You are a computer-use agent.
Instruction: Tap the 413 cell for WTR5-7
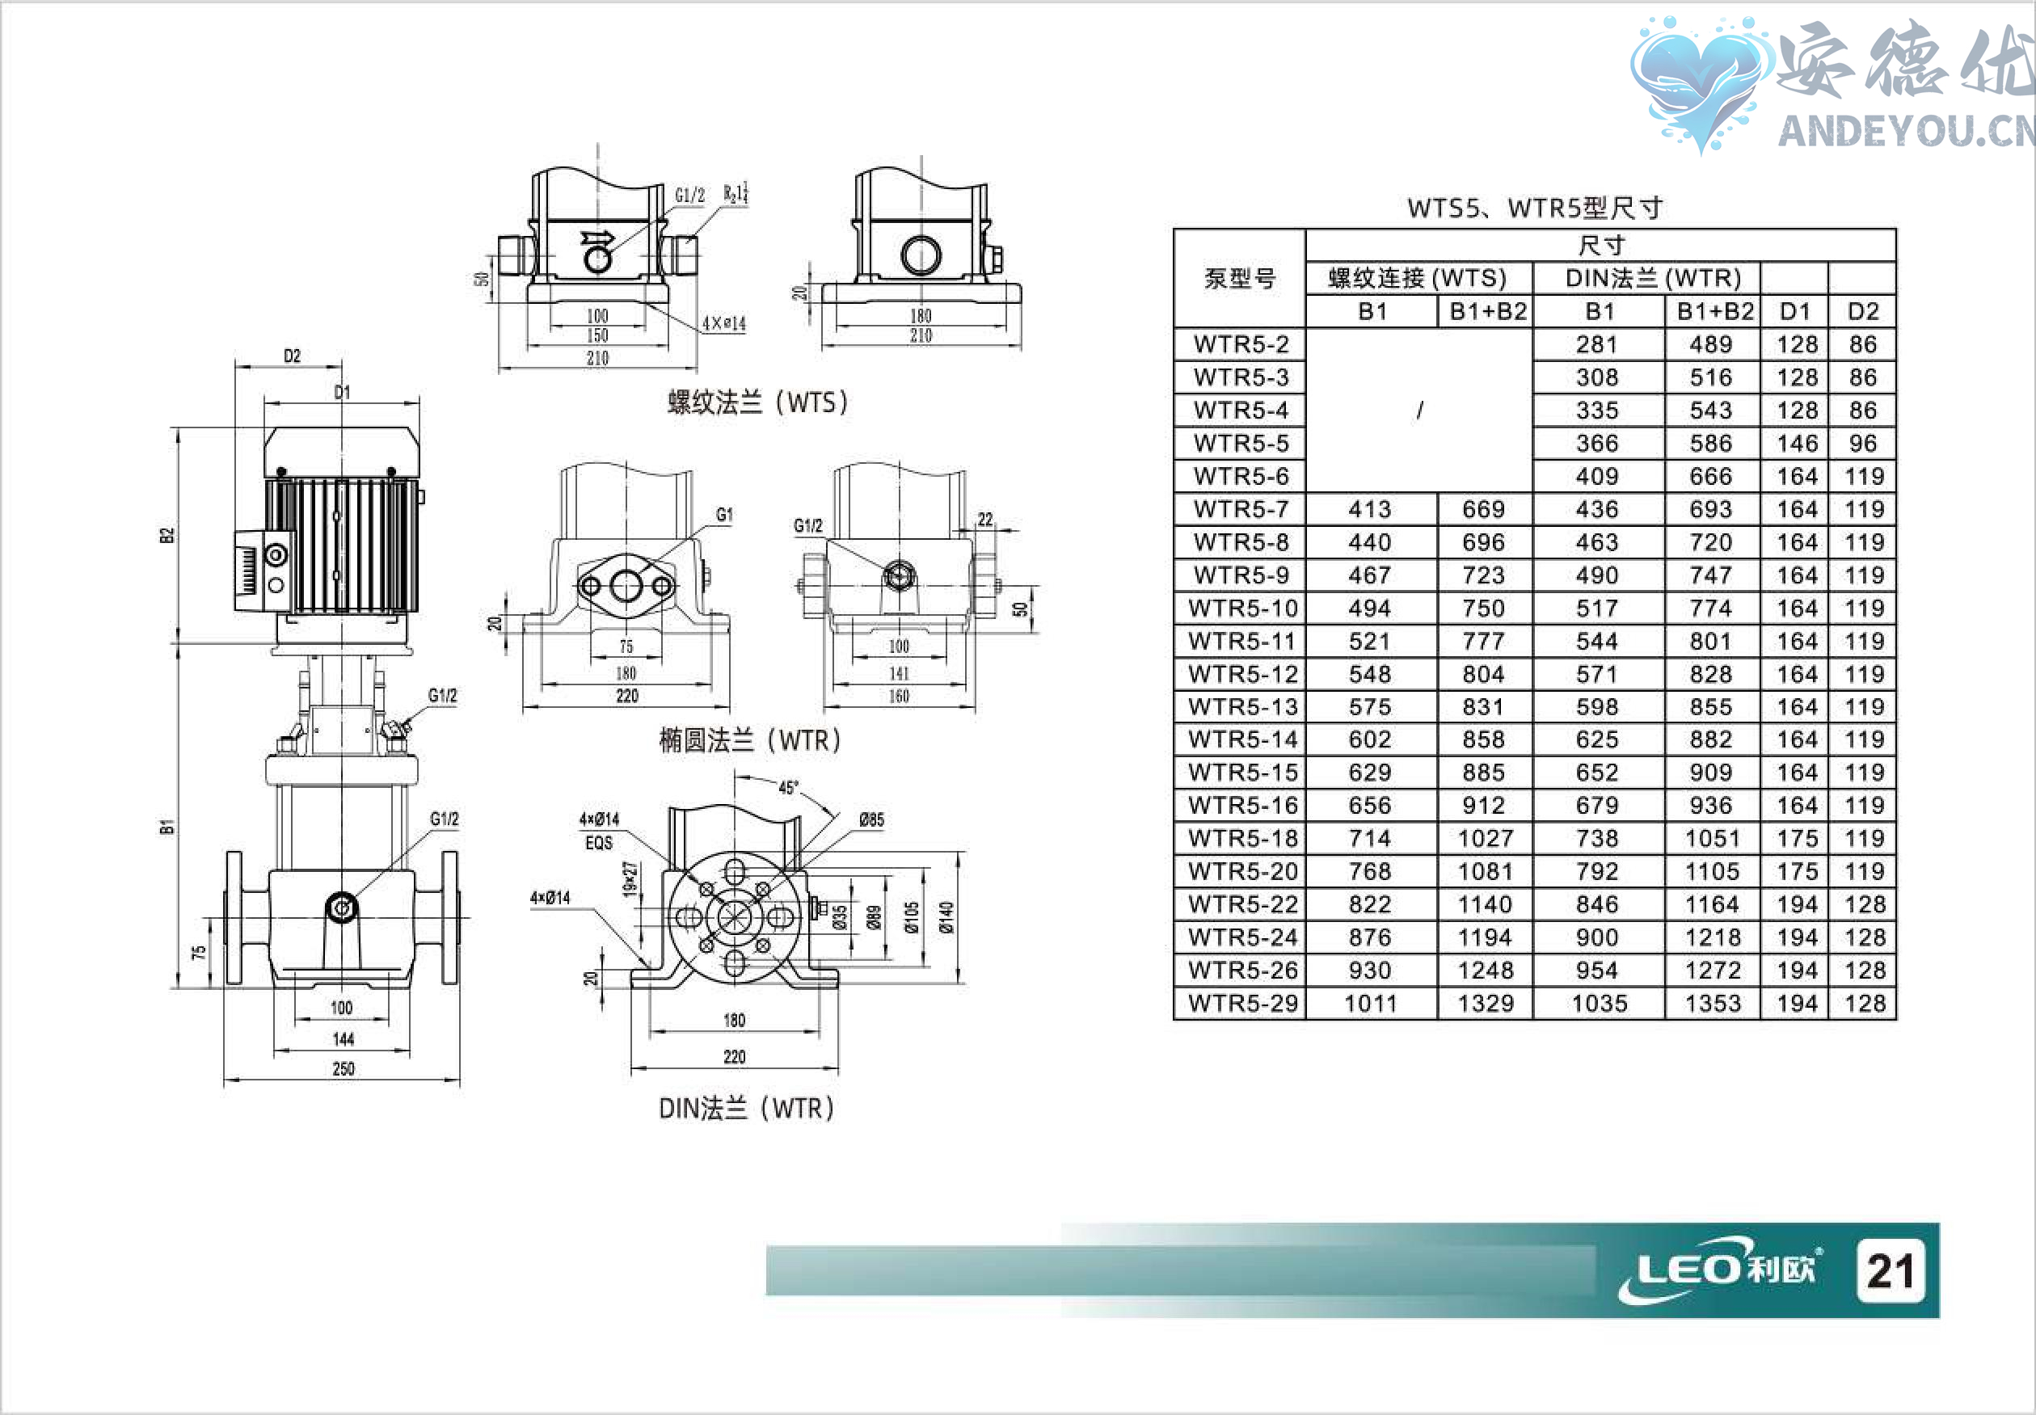coord(1370,510)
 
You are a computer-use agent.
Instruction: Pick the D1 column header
coord(1795,311)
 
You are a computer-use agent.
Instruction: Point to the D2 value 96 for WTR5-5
coord(1863,444)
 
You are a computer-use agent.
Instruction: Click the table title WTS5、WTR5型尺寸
coord(1534,208)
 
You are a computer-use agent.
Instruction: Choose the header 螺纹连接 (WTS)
coord(1417,278)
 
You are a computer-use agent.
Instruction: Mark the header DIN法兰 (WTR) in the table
coord(1653,278)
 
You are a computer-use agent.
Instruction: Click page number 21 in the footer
coord(1891,1270)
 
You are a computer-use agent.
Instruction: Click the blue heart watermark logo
coord(1696,82)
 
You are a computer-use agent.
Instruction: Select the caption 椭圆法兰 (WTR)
coord(749,740)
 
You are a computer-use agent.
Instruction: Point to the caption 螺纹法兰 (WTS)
coord(757,402)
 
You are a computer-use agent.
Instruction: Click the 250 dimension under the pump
coord(344,1069)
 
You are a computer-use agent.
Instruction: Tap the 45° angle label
coord(788,787)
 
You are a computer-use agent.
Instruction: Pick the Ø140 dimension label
coord(947,916)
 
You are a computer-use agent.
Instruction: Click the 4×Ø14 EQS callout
coord(599,831)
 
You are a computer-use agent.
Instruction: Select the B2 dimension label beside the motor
coord(167,536)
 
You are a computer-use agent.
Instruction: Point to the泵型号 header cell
coord(1240,278)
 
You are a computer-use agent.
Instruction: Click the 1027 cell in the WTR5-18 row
coord(1485,839)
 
